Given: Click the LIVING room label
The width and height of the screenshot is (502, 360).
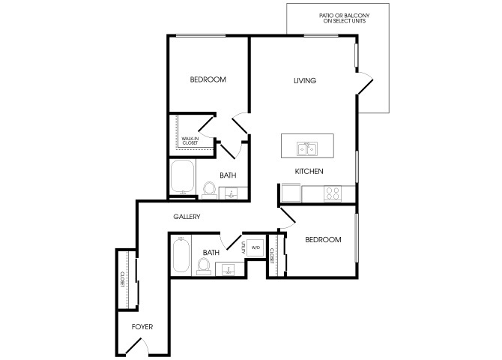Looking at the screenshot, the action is point(305,80).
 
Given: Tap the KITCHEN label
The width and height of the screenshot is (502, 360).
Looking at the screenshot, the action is point(309,171).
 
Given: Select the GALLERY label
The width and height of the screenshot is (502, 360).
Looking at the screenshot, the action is point(187,217).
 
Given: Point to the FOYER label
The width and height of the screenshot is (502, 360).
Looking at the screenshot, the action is point(142,327).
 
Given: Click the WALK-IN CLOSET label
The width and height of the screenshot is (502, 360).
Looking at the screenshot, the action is point(190,141).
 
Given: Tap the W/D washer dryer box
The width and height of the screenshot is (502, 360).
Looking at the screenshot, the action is point(255,247).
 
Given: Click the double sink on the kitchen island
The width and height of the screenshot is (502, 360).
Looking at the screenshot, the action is point(306,148).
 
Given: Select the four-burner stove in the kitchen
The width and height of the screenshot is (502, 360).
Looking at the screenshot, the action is point(333,193).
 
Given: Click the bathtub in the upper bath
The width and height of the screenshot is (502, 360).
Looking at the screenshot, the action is point(183,177).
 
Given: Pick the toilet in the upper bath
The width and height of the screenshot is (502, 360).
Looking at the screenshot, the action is point(209,189).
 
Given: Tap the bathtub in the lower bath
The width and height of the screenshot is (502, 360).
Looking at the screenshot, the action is point(181,256).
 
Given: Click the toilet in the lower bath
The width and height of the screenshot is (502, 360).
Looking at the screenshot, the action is point(204,266).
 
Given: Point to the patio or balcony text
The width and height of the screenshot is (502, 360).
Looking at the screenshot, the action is point(345,18).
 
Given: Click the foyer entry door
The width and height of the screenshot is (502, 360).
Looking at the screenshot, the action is point(133,346).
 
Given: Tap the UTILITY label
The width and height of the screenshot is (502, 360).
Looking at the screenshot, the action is point(244,247).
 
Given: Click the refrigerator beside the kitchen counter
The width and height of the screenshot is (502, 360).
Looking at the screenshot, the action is point(291,193).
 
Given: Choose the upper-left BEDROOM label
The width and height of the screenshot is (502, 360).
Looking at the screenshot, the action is point(208,79).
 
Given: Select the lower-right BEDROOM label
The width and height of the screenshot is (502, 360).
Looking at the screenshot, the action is point(323,239).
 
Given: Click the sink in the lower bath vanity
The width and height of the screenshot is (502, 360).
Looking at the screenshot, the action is point(229,269).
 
